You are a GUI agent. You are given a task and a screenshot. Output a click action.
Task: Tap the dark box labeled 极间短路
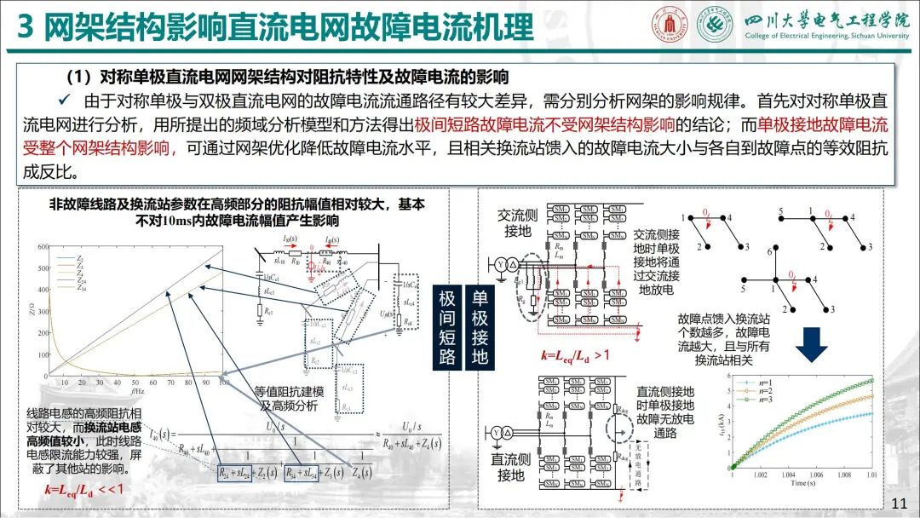point(448,327)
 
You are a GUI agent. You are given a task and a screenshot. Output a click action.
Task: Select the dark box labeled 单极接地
point(480,327)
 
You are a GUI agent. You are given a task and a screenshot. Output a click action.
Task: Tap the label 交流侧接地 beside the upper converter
point(517,224)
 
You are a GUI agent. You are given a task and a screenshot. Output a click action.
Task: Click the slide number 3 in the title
point(25,30)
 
